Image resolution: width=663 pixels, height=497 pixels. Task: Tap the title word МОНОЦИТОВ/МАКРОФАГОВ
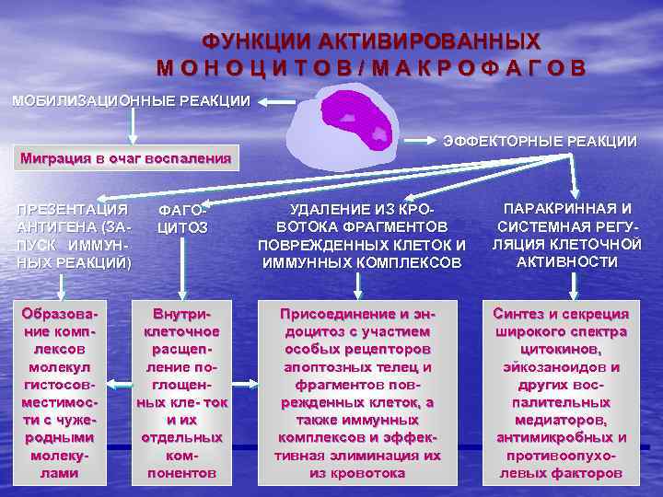click(x=370, y=69)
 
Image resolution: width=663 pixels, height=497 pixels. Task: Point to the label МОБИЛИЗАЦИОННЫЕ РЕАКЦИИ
click(x=130, y=100)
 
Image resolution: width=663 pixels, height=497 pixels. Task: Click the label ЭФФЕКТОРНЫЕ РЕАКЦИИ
click(x=540, y=141)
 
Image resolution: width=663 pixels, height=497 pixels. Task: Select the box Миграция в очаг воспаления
click(x=126, y=157)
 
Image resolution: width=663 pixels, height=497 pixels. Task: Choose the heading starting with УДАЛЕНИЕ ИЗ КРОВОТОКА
click(x=361, y=237)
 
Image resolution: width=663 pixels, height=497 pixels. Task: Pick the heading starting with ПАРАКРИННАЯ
click(x=566, y=235)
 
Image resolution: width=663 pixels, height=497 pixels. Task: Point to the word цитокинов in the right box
click(x=561, y=349)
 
